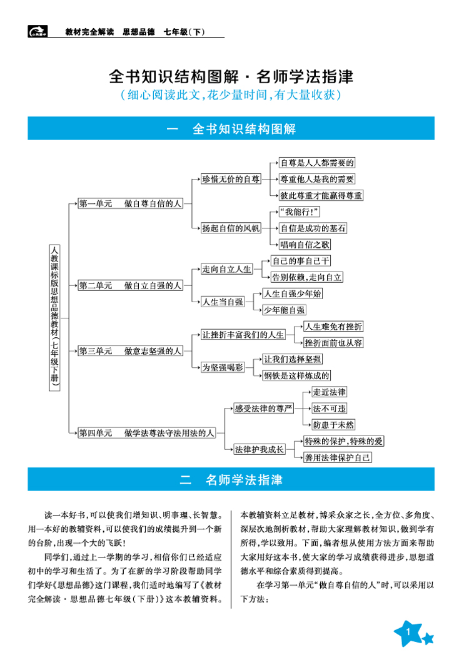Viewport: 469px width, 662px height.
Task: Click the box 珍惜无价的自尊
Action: click(231, 179)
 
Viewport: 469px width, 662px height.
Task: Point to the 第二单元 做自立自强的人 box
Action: click(130, 285)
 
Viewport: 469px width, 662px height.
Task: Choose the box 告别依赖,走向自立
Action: click(306, 277)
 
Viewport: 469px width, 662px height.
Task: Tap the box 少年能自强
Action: click(284, 310)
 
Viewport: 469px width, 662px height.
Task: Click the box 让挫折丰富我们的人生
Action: click(243, 334)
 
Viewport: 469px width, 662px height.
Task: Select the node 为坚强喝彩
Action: click(222, 367)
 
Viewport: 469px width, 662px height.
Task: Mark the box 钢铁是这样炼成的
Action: click(296, 375)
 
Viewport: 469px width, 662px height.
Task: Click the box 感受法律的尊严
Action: click(263, 409)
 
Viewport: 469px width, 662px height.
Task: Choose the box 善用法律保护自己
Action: click(337, 458)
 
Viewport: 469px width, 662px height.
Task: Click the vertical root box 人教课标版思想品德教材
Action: click(55, 318)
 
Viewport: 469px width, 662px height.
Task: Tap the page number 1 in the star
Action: click(407, 633)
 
